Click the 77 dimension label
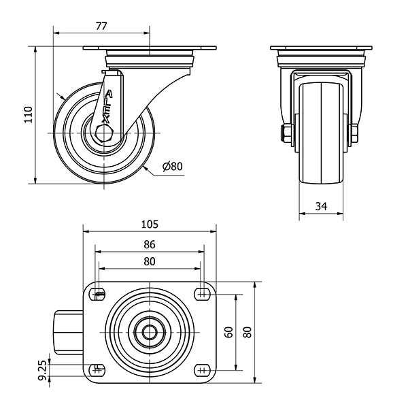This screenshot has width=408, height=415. pos(101,26)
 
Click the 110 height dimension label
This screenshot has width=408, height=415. pos(28,114)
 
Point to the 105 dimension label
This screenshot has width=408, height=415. pos(150,224)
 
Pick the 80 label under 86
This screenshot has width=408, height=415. pos(150,261)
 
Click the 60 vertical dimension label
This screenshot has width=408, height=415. pos(229,332)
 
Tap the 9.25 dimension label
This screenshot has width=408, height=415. pos(43,369)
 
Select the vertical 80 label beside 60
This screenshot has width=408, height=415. pos(248,332)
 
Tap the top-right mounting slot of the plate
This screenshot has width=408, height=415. pos(201,295)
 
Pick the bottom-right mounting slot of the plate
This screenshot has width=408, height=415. pos(201,369)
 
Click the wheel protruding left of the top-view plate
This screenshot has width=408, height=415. pos(67,331)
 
